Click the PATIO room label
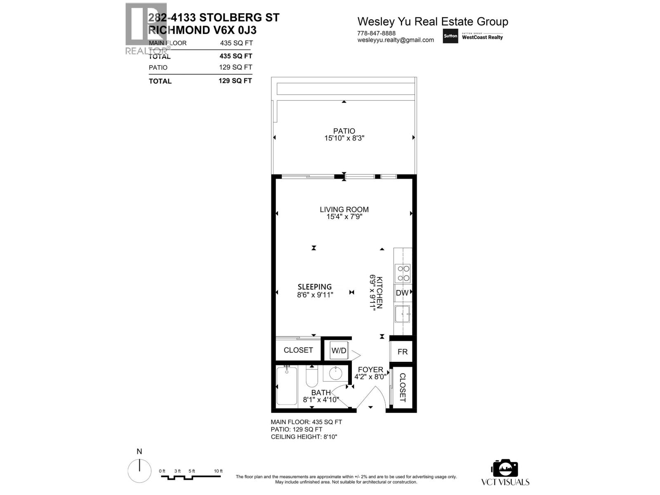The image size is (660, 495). click(344, 131)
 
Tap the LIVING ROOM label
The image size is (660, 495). click(344, 210)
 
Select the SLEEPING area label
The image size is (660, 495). click(315, 287)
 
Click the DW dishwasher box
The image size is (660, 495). click(402, 293)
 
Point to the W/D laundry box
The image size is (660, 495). click(339, 351)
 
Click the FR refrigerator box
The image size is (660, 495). click(402, 351)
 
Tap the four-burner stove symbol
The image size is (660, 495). click(403, 273)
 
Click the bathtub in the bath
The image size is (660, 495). click(287, 386)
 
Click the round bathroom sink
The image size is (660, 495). click(335, 374)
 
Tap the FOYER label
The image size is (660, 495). click(370, 370)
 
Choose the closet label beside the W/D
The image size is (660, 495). click(298, 350)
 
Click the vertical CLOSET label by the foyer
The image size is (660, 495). click(403, 387)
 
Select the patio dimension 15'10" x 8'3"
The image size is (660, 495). click(344, 139)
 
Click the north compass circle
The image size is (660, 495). click(139, 471)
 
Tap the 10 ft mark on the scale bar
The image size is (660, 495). click(218, 471)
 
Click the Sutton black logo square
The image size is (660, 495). click(450, 36)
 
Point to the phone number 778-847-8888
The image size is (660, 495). click(376, 33)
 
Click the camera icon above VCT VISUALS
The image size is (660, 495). click(504, 468)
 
